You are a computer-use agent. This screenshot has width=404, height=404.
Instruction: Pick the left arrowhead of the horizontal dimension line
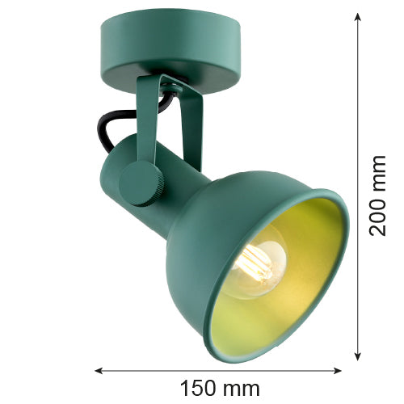point(99,371)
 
